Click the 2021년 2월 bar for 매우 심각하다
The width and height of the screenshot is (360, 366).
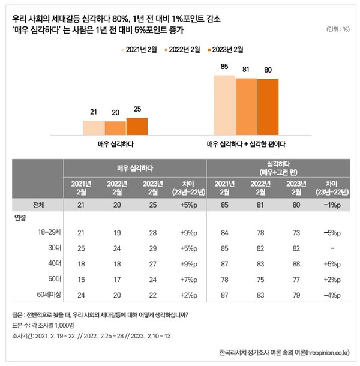point(94,128)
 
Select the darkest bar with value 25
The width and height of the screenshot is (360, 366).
point(137,127)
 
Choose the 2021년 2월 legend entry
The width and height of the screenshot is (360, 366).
point(142,50)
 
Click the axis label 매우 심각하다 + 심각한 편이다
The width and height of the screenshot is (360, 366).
point(246,145)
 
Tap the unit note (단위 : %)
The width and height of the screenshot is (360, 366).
point(338,29)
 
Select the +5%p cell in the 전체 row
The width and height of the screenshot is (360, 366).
point(187,205)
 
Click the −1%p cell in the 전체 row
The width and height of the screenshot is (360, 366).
point(332,205)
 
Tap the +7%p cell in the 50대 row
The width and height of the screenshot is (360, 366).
point(187,278)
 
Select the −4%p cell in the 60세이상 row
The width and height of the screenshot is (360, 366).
point(332,294)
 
